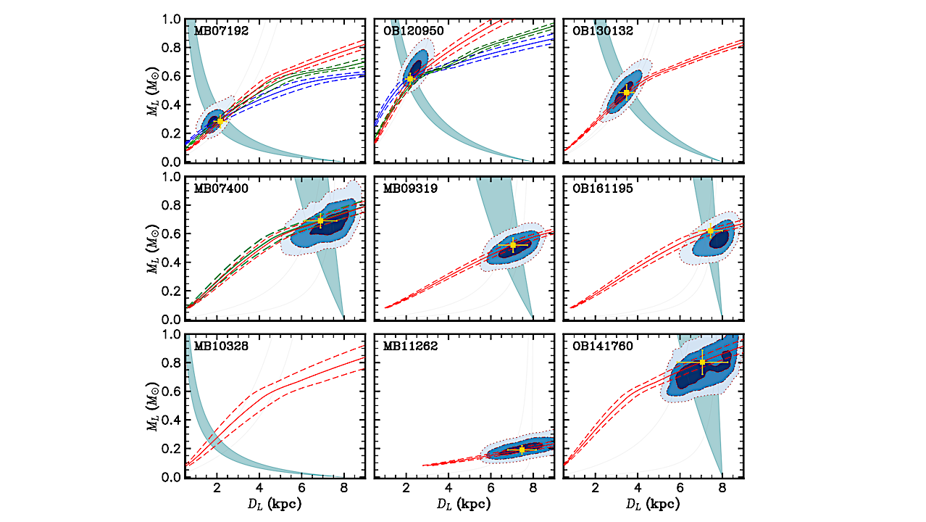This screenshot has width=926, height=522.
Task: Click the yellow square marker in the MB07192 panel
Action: [220, 120]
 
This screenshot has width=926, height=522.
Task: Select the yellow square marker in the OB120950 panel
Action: [410, 78]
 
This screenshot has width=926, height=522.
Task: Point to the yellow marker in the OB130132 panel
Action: [627, 92]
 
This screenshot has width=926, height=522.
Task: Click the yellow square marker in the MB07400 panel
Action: [320, 220]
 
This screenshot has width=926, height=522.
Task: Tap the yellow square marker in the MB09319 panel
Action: [513, 245]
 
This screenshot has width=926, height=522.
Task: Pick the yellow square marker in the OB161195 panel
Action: [710, 231]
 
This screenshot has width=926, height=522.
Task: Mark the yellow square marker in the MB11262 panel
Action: [522, 449]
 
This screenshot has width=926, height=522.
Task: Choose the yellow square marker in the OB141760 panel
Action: [702, 362]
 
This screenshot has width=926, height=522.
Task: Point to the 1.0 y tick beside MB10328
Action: [172, 335]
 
